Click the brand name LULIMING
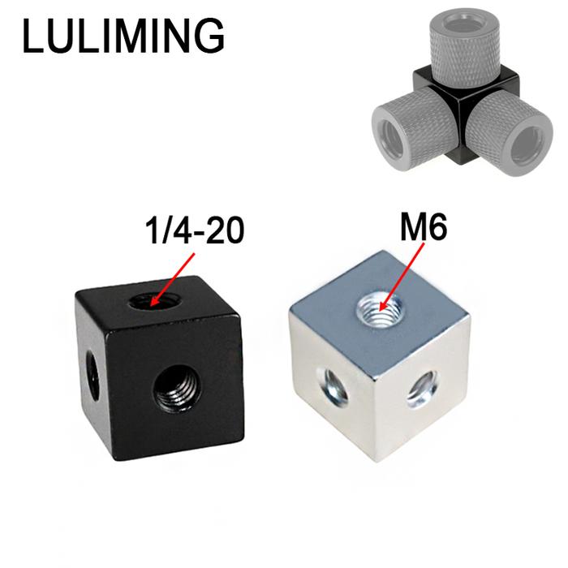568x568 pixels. pos(123,36)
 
